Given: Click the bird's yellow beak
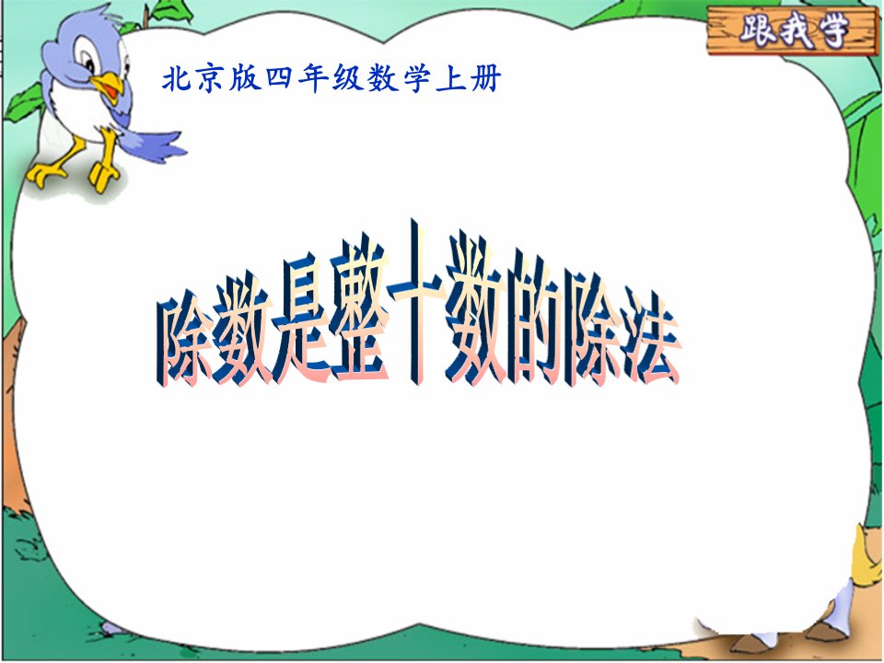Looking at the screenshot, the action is click(x=109, y=87).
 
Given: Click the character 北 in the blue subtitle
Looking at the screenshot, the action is click(x=178, y=78).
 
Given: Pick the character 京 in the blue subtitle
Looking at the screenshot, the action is click(x=211, y=78).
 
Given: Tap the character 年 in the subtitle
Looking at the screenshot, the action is click(x=313, y=78).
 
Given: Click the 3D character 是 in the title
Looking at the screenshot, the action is click(x=302, y=321).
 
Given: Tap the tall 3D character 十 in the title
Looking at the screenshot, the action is click(x=416, y=301).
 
